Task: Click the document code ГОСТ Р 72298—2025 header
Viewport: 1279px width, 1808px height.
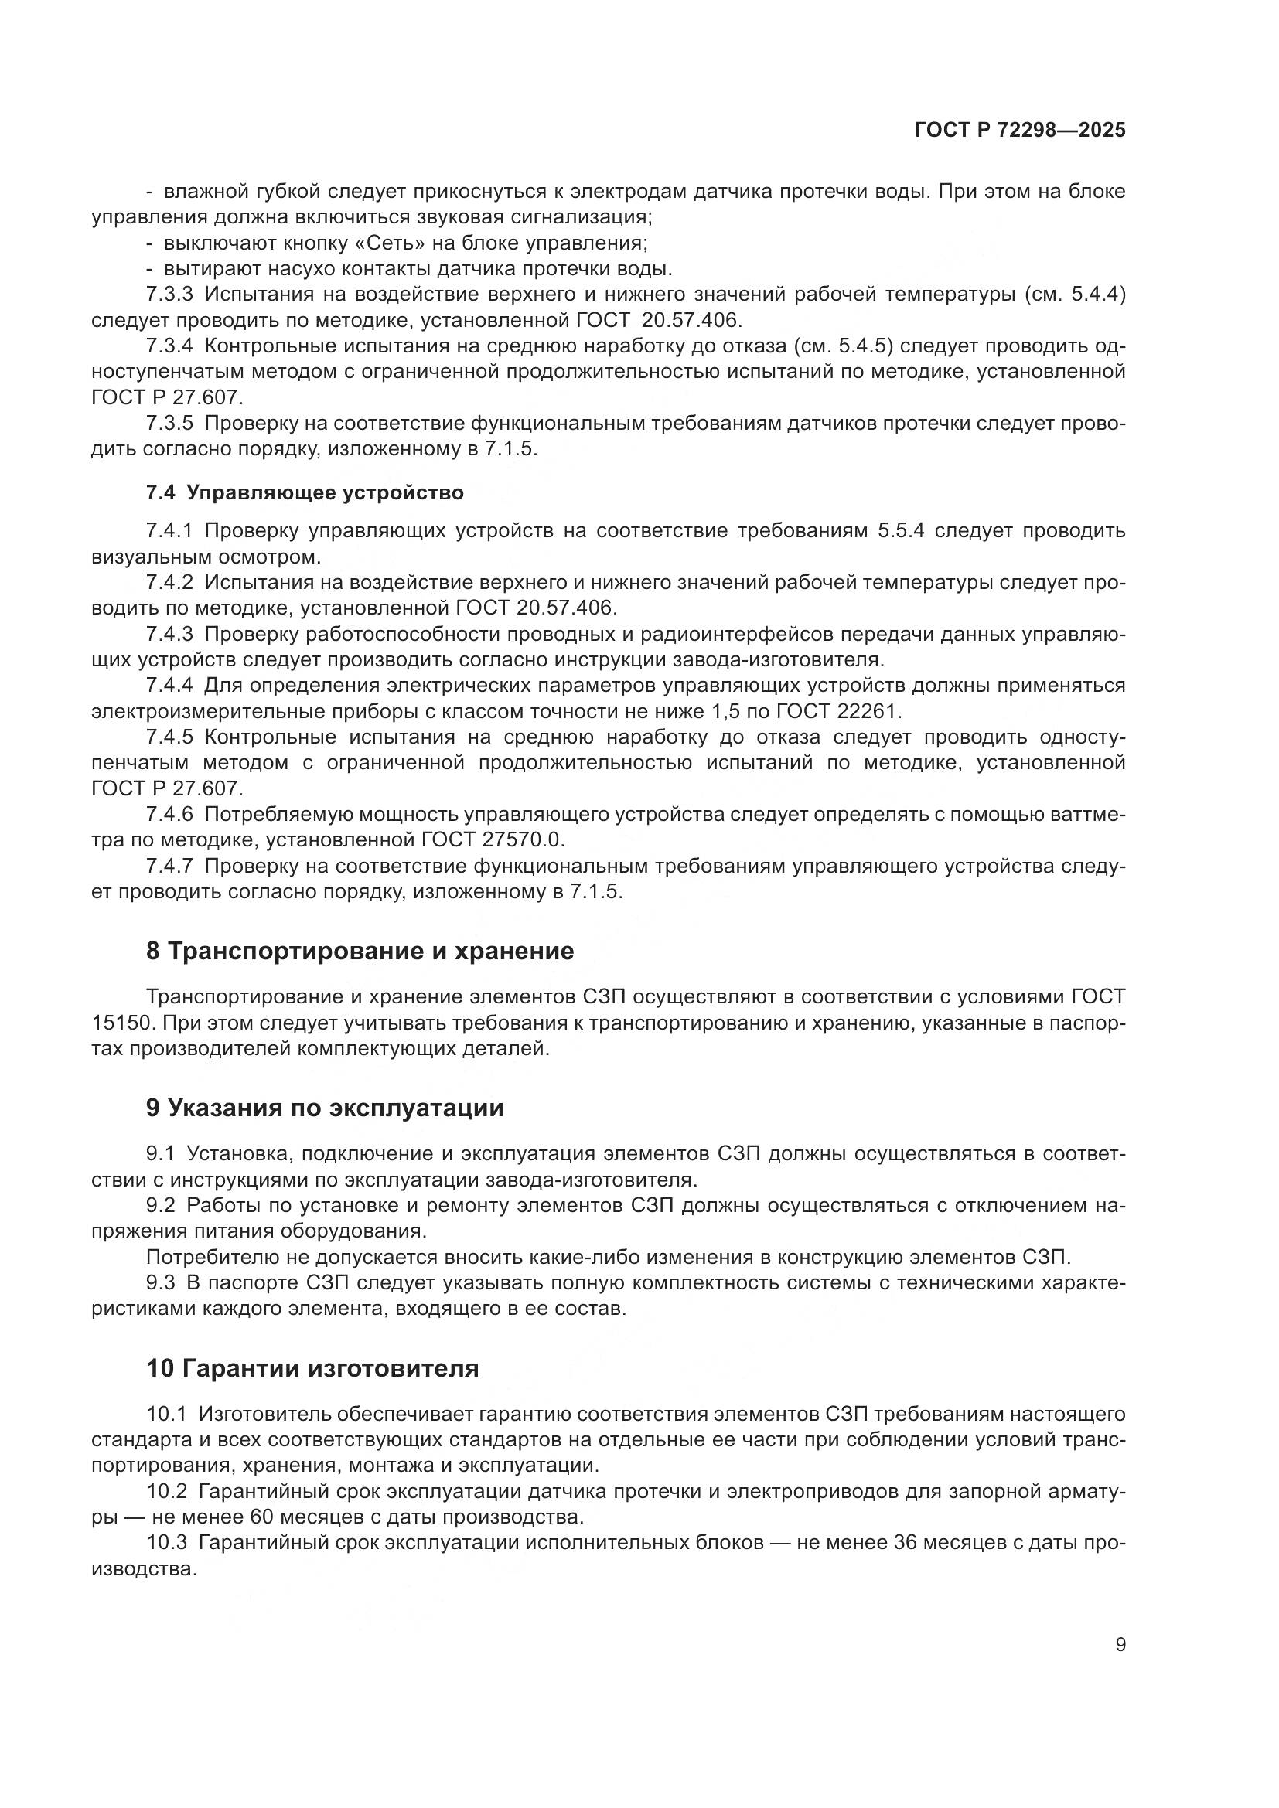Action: (x=1020, y=131)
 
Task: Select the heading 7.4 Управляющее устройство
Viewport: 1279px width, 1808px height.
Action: (x=305, y=493)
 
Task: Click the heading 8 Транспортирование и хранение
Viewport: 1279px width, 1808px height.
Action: (x=360, y=952)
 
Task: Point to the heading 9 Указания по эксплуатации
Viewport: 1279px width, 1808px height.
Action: (x=325, y=1108)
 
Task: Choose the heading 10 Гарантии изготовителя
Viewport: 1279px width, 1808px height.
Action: (x=312, y=1368)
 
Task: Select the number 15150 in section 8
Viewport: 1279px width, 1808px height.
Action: (x=117, y=1023)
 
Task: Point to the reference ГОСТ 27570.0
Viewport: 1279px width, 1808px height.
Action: (x=493, y=839)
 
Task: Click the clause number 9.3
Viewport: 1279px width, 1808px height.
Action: (x=161, y=1283)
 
